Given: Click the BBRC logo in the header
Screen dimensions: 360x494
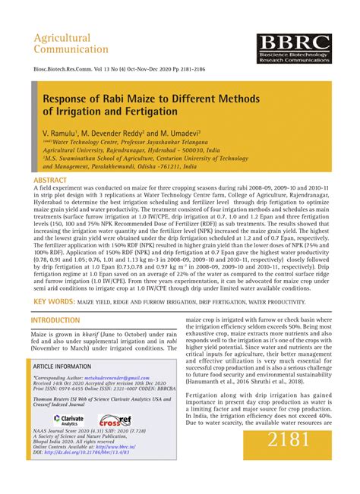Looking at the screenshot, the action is point(293,49).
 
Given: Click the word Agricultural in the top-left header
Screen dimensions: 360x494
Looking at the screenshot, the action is point(62,38).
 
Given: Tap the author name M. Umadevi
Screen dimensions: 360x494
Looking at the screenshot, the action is point(163,132).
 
